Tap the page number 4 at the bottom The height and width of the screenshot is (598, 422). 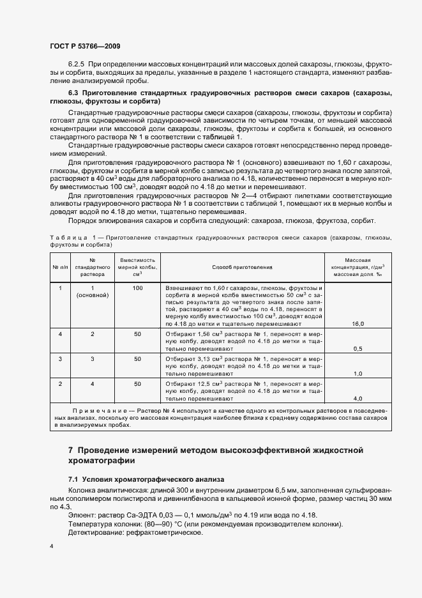click(x=52, y=546)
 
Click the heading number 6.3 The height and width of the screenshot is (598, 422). click(x=73, y=93)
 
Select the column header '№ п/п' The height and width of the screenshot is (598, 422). click(x=60, y=266)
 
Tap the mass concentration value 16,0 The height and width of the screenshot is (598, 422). click(x=358, y=324)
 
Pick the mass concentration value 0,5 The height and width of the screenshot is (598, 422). click(x=358, y=349)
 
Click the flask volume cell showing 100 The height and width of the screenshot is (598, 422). click(x=137, y=289)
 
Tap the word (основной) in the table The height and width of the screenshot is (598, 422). click(x=92, y=296)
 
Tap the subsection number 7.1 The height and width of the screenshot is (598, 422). click(x=73, y=479)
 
